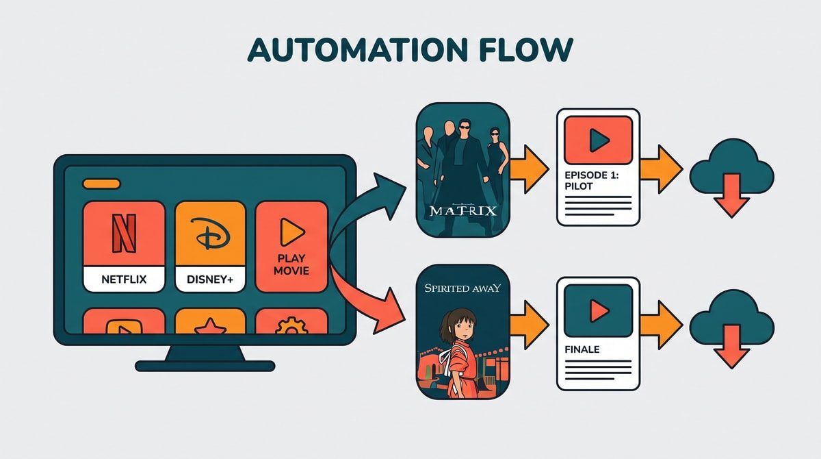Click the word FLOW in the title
[526, 49]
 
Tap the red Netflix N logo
[124, 234]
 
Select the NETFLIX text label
[124, 280]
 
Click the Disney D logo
[210, 234]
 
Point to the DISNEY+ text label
[210, 280]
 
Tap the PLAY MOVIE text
[291, 264]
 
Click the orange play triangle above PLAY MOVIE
[291, 232]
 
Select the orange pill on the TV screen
[101, 184]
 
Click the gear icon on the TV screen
[291, 326]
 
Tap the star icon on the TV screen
[210, 327]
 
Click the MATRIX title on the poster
[463, 210]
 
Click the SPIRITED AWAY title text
[462, 288]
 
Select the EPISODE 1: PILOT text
[591, 181]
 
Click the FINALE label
[582, 349]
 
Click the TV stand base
[205, 366]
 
